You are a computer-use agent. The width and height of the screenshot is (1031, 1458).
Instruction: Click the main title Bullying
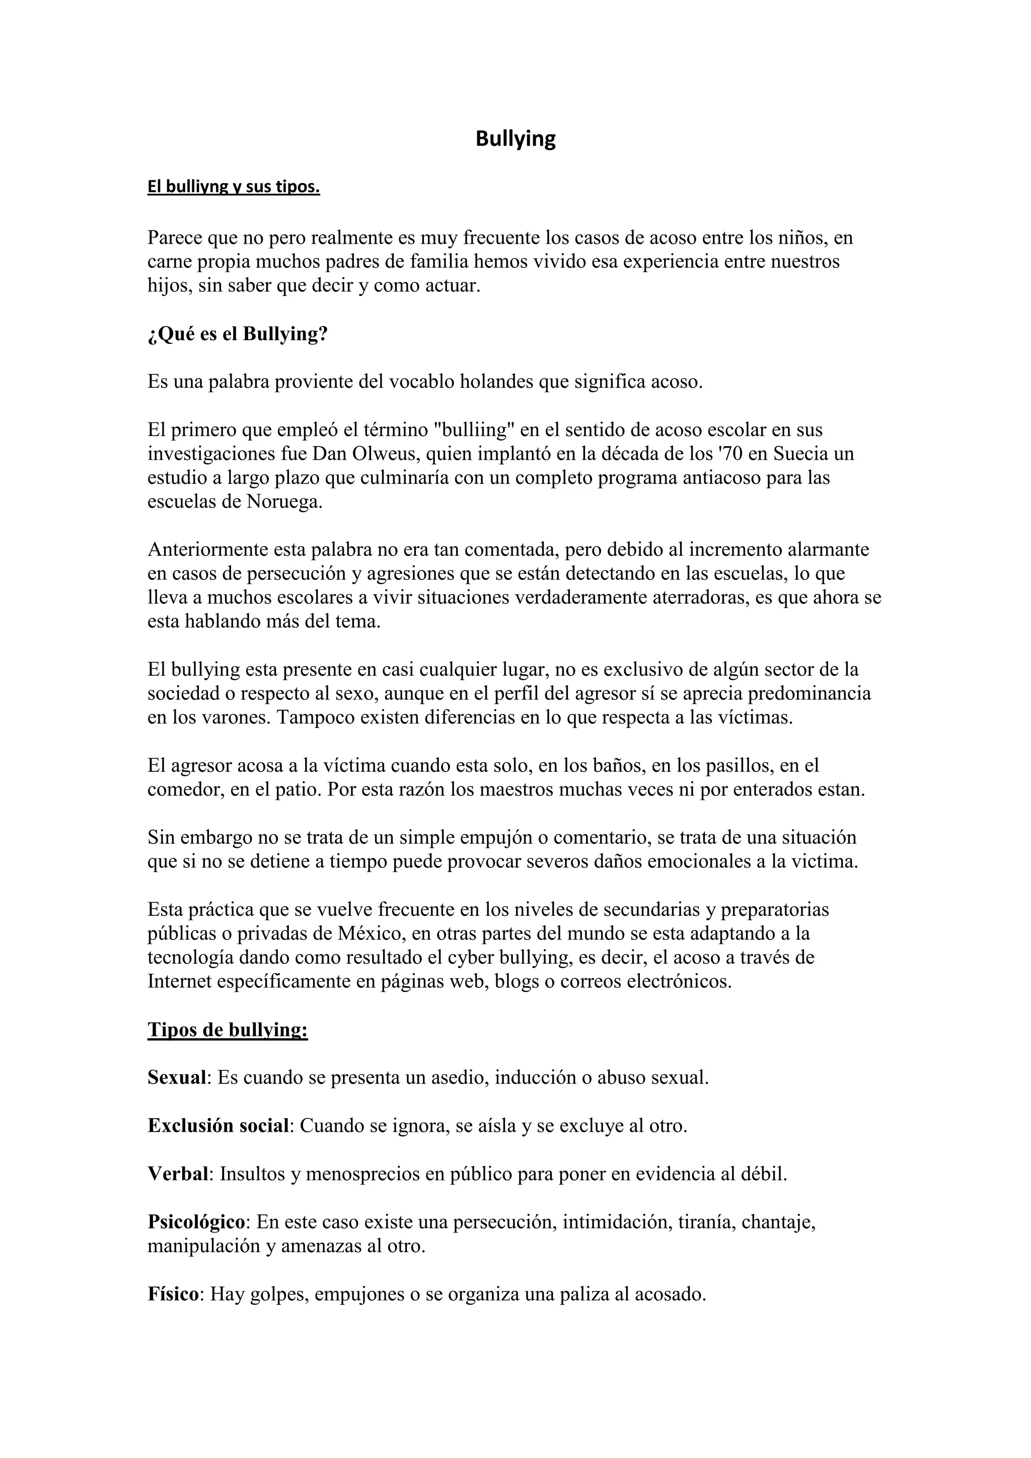[x=515, y=138]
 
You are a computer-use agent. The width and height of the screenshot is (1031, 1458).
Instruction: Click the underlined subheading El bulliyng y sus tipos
[x=234, y=187]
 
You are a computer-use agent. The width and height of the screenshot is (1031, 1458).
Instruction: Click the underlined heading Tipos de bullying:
[x=227, y=1030]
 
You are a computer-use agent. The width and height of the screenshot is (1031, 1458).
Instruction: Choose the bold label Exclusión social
[x=218, y=1126]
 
